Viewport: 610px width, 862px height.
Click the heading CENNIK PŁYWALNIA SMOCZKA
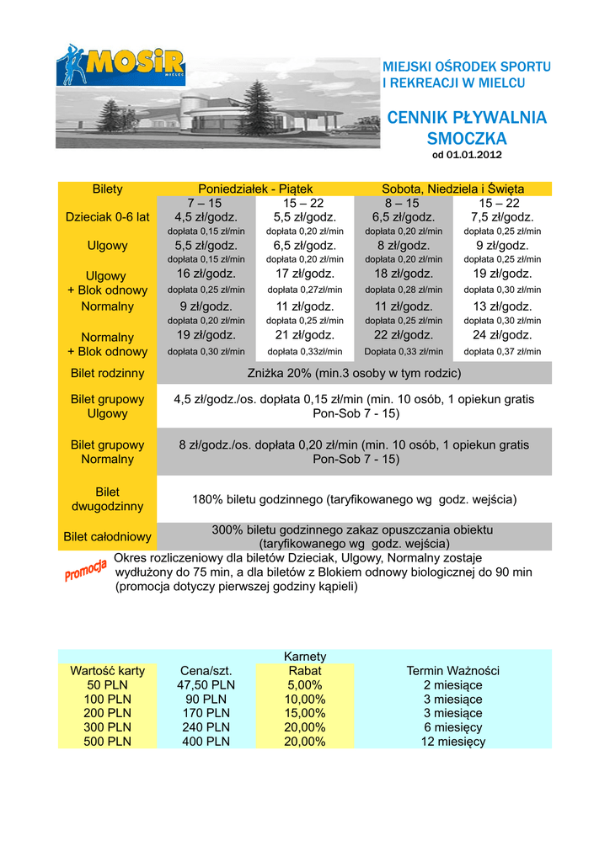(x=466, y=127)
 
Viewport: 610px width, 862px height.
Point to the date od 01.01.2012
(x=466, y=155)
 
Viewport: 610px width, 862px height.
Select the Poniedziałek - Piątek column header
(x=255, y=189)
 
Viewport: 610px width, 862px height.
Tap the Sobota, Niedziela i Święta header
(x=452, y=189)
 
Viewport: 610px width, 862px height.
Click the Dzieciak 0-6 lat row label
(x=107, y=217)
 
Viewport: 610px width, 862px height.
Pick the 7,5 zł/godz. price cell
(x=502, y=217)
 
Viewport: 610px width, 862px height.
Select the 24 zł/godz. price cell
(x=502, y=335)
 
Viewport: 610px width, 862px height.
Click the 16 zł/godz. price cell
(x=206, y=274)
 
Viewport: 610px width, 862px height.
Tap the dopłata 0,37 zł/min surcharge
(x=502, y=352)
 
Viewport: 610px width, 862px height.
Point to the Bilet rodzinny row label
(x=107, y=373)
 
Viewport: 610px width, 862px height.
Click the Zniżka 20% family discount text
(x=354, y=373)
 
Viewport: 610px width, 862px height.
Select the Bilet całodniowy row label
(x=107, y=537)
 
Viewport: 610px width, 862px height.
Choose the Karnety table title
(x=305, y=657)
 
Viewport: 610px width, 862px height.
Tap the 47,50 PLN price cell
(x=206, y=685)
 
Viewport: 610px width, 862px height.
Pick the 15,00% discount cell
(x=305, y=713)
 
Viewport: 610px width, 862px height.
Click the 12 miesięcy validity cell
(x=452, y=742)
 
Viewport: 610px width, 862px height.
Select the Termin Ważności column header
(x=452, y=671)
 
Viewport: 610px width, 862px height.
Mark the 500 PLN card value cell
(x=107, y=742)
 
